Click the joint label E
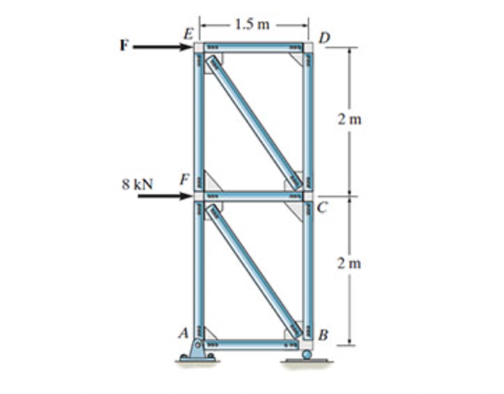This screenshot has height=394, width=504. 187,32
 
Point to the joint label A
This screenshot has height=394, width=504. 184,333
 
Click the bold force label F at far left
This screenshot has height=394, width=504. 125,47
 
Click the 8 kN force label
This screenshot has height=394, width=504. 136,184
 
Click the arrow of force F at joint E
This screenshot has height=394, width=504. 164,47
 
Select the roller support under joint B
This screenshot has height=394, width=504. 306,355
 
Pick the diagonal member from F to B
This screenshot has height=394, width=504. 253,270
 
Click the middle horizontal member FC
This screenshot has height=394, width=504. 253,197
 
